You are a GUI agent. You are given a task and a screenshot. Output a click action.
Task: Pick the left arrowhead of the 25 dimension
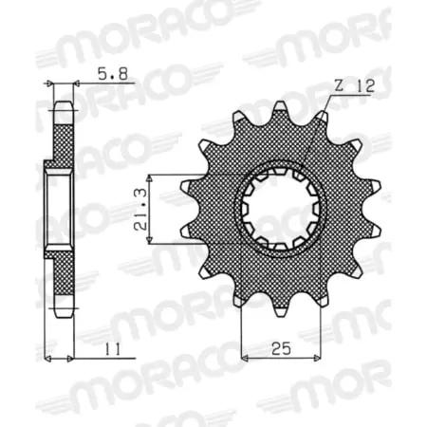pos(244,359)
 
